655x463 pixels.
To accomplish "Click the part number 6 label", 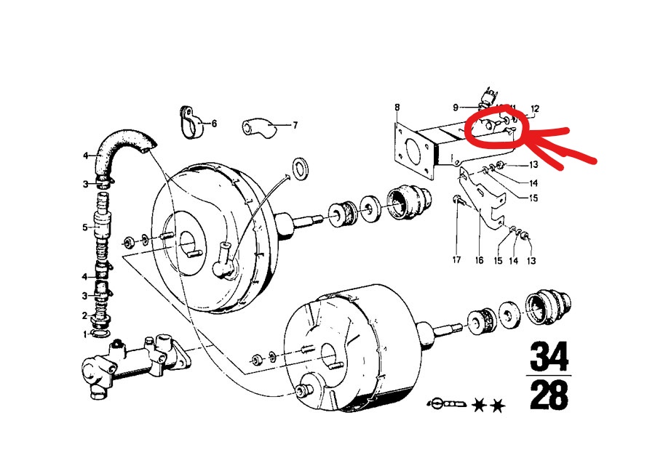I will pyautogui.click(x=214, y=124).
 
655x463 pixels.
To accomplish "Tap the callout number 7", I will pyautogui.click(x=295, y=125).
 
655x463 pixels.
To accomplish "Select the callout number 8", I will pyautogui.click(x=397, y=108).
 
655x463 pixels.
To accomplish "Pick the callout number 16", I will pyautogui.click(x=479, y=259).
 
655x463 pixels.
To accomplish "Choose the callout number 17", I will pyautogui.click(x=456, y=259).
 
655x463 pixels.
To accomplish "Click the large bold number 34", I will pyautogui.click(x=549, y=358).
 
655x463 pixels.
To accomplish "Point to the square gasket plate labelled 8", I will pyautogui.click(x=413, y=150).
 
